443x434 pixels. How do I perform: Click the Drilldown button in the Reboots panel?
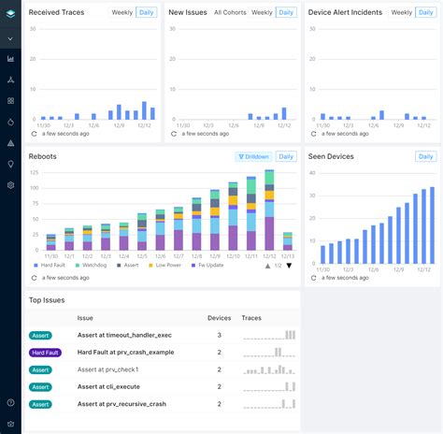[x=253, y=157]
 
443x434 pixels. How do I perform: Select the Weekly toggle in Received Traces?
[x=121, y=12]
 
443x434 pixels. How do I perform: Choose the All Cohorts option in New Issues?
[x=230, y=12]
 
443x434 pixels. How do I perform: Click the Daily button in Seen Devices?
[x=426, y=157]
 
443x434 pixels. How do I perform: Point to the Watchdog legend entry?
[x=92, y=265]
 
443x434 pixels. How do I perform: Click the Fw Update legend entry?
[x=207, y=265]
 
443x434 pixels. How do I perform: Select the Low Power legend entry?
[x=165, y=265]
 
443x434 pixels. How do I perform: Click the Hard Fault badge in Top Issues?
[x=45, y=352]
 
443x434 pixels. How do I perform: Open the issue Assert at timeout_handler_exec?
[x=125, y=334]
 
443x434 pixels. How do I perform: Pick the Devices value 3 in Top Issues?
[x=219, y=334]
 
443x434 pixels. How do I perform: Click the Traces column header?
[x=251, y=318]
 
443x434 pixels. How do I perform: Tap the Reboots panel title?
[x=43, y=157]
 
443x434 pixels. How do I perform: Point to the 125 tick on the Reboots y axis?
[x=35, y=174]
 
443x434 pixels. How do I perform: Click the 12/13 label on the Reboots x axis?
[x=288, y=256]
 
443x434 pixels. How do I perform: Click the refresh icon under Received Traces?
[x=35, y=134]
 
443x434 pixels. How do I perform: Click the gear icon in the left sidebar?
[x=10, y=185]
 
